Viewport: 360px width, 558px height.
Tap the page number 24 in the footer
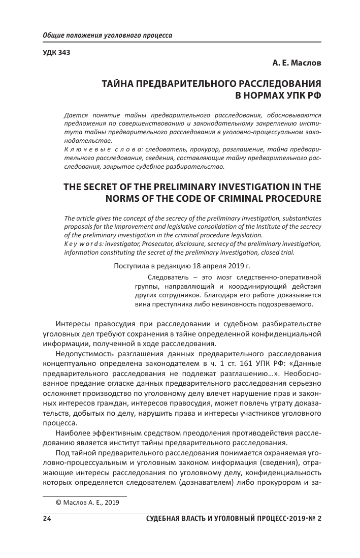click(x=46, y=518)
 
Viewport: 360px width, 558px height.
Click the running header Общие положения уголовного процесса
click(x=107, y=36)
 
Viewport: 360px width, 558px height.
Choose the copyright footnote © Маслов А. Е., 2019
click(x=88, y=503)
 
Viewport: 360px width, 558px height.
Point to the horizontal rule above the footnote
click(x=84, y=495)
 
